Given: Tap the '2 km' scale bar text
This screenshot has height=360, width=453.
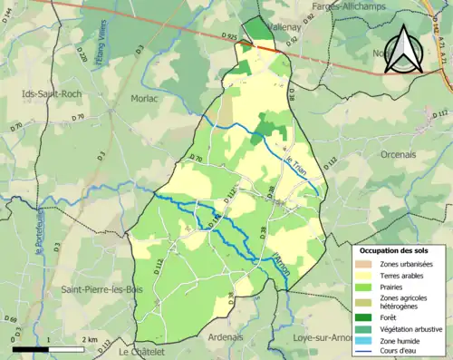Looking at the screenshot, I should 89,339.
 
